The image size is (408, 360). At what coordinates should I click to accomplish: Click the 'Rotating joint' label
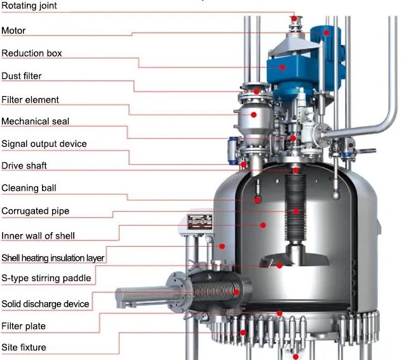pos(29,6)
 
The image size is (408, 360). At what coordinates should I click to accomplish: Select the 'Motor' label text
pos(13,30)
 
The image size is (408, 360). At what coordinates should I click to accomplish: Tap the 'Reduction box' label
pos(32,53)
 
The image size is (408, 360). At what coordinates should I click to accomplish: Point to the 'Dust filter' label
pos(22,76)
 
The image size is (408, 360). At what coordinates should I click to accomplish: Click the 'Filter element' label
pos(30,100)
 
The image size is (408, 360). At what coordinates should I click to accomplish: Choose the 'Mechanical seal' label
pos(35,121)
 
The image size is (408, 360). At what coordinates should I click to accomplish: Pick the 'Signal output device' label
pos(44,144)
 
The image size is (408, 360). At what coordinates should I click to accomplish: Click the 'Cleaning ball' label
pos(29,188)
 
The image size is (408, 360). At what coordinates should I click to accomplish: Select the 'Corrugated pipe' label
pos(35,211)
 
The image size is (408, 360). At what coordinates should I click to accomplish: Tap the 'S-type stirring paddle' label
pos(46,278)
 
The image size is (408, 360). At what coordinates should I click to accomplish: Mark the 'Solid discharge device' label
pos(45,303)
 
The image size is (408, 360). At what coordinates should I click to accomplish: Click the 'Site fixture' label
pos(24,347)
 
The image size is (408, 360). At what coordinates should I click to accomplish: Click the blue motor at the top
pos(325,35)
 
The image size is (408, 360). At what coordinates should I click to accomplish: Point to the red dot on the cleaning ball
pos(258,200)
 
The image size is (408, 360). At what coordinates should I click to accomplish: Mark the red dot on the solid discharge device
pos(237,293)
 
